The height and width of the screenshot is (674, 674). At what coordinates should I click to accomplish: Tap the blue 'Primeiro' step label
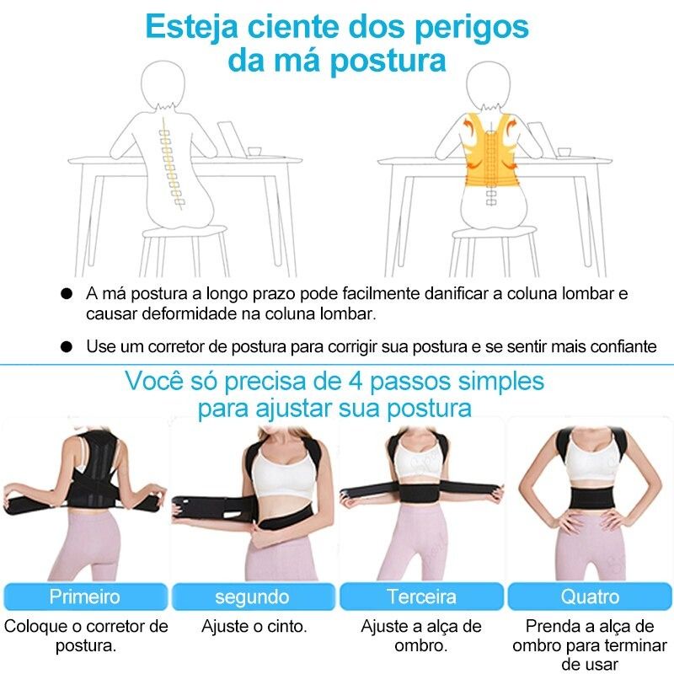(x=84, y=597)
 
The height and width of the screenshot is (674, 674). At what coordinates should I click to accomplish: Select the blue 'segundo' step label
(x=253, y=597)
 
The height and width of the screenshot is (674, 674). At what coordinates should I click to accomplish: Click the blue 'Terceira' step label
(x=421, y=597)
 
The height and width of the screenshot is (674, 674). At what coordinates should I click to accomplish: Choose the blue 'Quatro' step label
(x=590, y=597)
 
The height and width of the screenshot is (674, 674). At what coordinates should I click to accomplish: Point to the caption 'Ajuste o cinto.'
(x=253, y=627)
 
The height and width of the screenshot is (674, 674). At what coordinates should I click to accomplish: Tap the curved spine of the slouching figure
(x=172, y=164)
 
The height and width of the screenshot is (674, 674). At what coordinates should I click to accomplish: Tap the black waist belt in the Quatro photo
(x=591, y=497)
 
